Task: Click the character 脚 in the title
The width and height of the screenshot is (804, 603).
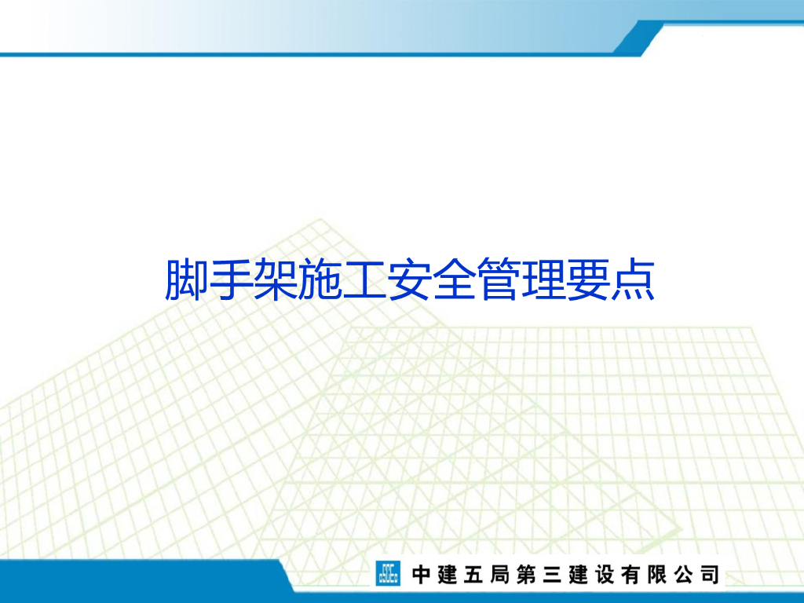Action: click(x=186, y=280)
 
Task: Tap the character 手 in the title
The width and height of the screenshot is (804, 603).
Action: click(x=231, y=280)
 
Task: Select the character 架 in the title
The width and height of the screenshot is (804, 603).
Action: click(x=276, y=280)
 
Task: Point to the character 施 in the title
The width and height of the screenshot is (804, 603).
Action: click(x=320, y=280)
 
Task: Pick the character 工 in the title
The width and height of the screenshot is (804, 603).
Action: click(x=365, y=280)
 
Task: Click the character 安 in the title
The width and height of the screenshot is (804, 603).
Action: click(x=410, y=280)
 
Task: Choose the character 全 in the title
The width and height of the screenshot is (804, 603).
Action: click(x=455, y=280)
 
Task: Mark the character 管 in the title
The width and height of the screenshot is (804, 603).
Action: click(x=499, y=280)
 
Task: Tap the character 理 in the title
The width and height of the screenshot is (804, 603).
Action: click(x=544, y=280)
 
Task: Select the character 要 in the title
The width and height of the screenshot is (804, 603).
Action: click(x=589, y=280)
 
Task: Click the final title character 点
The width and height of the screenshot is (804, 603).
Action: click(x=634, y=280)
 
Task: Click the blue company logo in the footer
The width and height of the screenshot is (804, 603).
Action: click(x=387, y=574)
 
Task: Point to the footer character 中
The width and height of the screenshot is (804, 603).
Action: click(x=421, y=575)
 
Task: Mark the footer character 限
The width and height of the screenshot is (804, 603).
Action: click(x=656, y=575)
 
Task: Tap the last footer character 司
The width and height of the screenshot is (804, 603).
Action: click(x=708, y=575)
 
